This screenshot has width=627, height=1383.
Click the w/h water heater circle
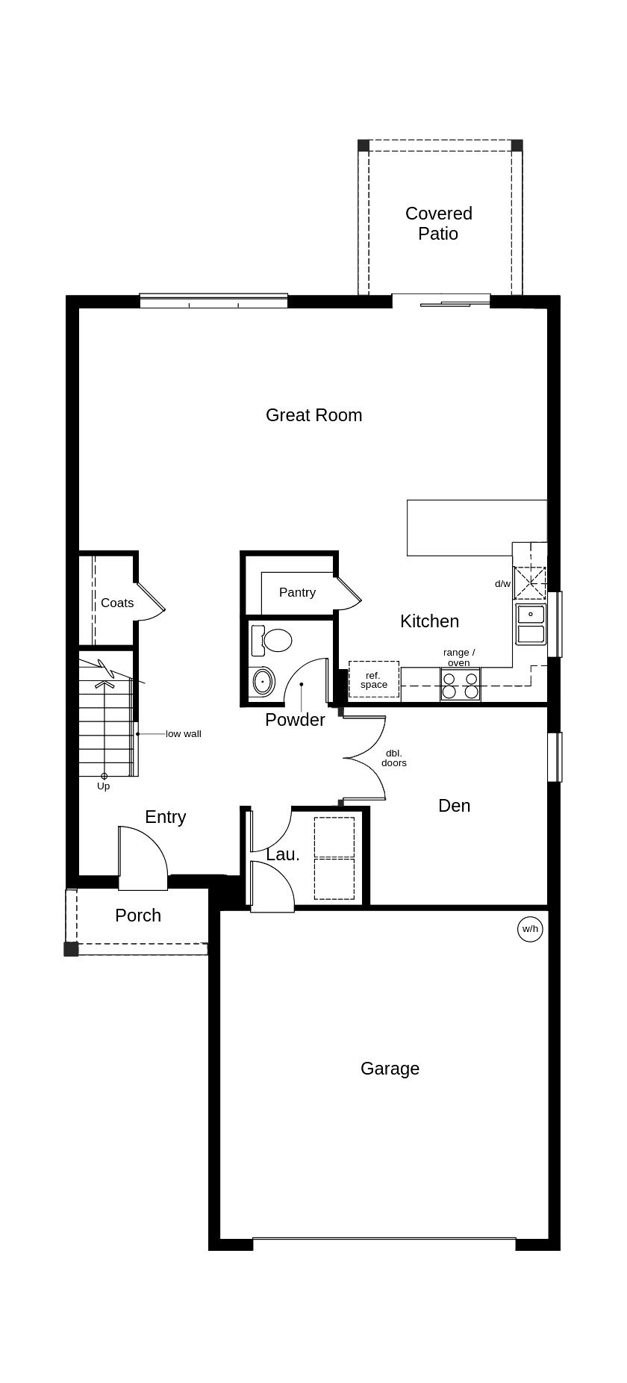pyautogui.click(x=529, y=929)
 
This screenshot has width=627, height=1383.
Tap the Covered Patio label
pyautogui.click(x=438, y=223)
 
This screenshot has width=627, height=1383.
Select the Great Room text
pyautogui.click(x=313, y=415)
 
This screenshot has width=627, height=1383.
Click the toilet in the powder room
pyautogui.click(x=273, y=640)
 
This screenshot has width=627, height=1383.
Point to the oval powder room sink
pyautogui.click(x=263, y=681)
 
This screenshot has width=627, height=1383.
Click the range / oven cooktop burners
pyautogui.click(x=460, y=686)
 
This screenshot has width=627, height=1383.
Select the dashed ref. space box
pyautogui.click(x=373, y=680)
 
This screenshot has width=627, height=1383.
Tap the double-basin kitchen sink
pyautogui.click(x=531, y=624)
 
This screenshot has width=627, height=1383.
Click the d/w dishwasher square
pyautogui.click(x=530, y=582)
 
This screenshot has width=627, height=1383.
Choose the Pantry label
pyautogui.click(x=297, y=592)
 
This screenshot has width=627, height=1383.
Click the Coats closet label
pyautogui.click(x=117, y=603)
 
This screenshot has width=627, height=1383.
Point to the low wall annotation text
pyautogui.click(x=184, y=734)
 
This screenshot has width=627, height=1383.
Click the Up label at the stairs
pyautogui.click(x=103, y=786)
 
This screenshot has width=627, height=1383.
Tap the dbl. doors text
pyautogui.click(x=394, y=758)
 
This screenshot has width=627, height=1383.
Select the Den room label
pyautogui.click(x=454, y=806)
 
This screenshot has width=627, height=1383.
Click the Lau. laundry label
pyautogui.click(x=283, y=855)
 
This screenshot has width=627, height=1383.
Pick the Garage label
pyautogui.click(x=390, y=1069)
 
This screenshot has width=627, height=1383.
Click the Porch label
pyautogui.click(x=138, y=916)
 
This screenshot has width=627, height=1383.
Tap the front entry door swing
pyautogui.click(x=144, y=859)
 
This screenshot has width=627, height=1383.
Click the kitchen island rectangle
pyautogui.click(x=476, y=527)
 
